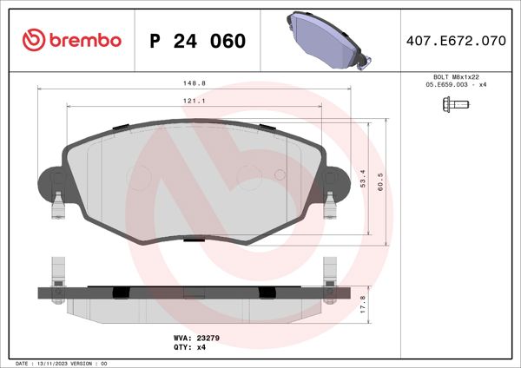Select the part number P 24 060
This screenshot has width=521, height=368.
[x=197, y=41]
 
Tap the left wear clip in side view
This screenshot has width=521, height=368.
[x=58, y=270]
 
